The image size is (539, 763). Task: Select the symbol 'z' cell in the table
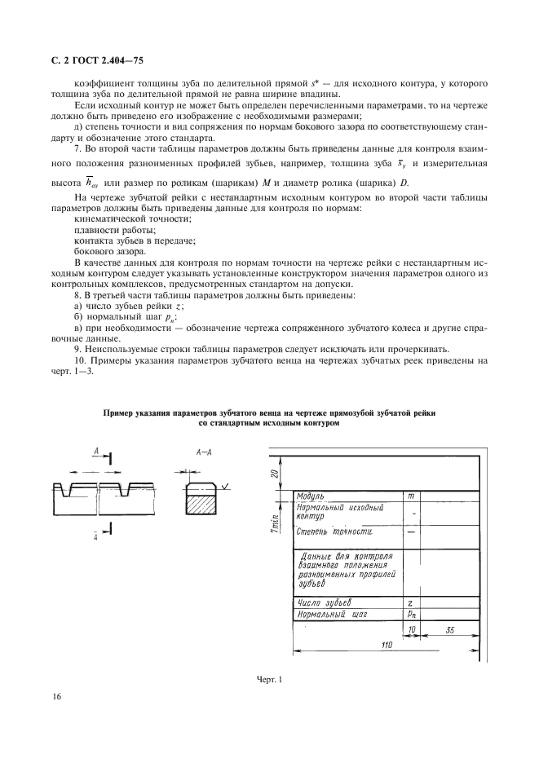(x=410, y=602)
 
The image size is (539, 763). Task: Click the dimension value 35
(x=449, y=630)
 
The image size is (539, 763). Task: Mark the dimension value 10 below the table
(x=412, y=630)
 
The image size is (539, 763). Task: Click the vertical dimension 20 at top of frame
(x=276, y=473)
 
